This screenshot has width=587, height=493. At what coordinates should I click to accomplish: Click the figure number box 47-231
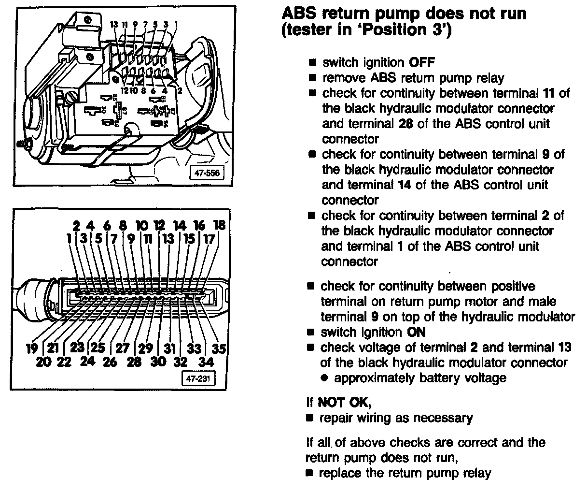click(x=196, y=378)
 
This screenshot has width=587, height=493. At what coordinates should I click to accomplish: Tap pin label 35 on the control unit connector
click(x=220, y=348)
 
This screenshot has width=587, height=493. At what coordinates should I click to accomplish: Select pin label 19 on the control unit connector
click(x=32, y=348)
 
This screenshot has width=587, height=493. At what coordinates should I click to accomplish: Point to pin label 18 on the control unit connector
click(x=219, y=225)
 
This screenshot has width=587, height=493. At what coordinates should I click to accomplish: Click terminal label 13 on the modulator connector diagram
click(x=114, y=24)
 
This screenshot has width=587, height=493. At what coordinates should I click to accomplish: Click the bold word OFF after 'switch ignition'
click(x=422, y=62)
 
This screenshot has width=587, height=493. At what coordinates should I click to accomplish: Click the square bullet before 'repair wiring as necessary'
click(x=311, y=418)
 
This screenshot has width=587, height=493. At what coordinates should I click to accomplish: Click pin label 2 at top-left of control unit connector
click(x=76, y=225)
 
